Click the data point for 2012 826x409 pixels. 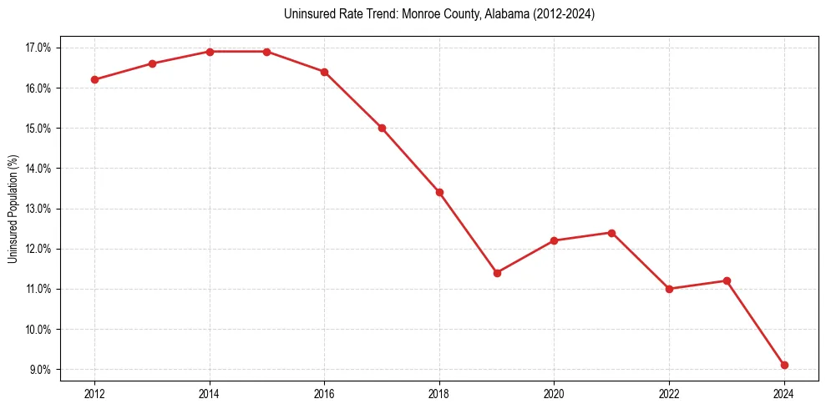click(x=95, y=80)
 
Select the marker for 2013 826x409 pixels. click(x=152, y=63)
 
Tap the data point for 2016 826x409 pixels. click(x=324, y=72)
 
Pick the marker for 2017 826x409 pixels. click(x=382, y=128)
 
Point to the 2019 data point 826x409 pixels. click(x=497, y=273)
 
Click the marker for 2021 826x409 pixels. click(x=611, y=233)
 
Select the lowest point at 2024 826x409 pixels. click(x=784, y=365)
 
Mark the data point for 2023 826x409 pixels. click(x=727, y=280)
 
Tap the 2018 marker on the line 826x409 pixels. click(x=439, y=192)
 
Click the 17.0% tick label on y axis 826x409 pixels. click(x=38, y=48)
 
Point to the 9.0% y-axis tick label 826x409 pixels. click(x=40, y=370)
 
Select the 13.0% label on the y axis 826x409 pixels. click(x=38, y=209)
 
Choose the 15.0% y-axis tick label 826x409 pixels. click(x=38, y=129)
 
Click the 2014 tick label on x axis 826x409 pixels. click(x=210, y=393)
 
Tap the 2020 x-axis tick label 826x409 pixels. click(x=554, y=393)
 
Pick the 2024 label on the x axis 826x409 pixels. click(x=783, y=393)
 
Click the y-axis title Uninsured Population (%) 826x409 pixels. click(x=13, y=209)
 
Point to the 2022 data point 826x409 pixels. click(x=669, y=289)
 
